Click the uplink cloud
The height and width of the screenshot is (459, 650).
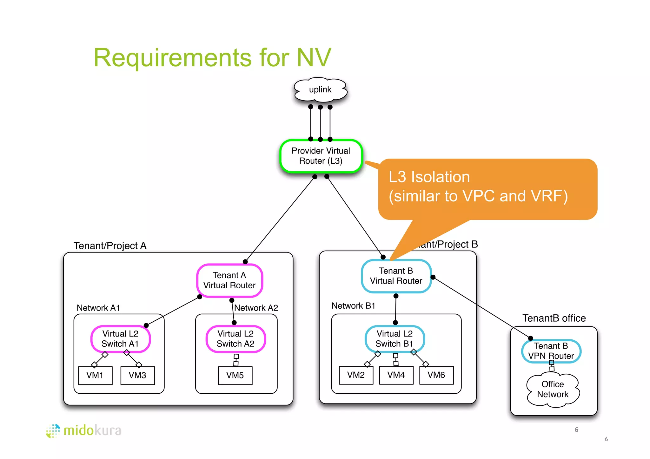tap(320, 90)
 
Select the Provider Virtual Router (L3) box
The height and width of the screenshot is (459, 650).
tap(321, 156)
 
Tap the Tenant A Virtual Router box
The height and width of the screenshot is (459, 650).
tap(229, 280)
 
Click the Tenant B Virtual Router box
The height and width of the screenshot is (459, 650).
tap(396, 276)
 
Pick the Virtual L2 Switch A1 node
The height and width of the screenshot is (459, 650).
tap(120, 339)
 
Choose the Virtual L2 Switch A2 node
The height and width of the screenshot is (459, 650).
tap(235, 339)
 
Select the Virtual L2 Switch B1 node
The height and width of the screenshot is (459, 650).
tap(395, 339)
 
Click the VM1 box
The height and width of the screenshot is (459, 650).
tap(95, 376)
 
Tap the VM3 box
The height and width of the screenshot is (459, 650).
tap(137, 376)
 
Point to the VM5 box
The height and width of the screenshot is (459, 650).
tap(235, 376)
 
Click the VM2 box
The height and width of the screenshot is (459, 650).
tap(356, 375)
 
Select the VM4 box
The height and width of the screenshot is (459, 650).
tap(396, 375)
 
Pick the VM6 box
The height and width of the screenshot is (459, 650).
tap(436, 375)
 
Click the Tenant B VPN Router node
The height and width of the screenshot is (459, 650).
tap(551, 351)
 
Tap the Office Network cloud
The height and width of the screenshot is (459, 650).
tap(553, 390)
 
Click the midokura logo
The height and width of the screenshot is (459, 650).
tap(84, 431)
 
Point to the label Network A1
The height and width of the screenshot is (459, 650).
tap(98, 308)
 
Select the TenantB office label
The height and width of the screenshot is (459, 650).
tap(554, 318)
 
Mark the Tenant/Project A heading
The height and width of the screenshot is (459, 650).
tap(110, 246)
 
